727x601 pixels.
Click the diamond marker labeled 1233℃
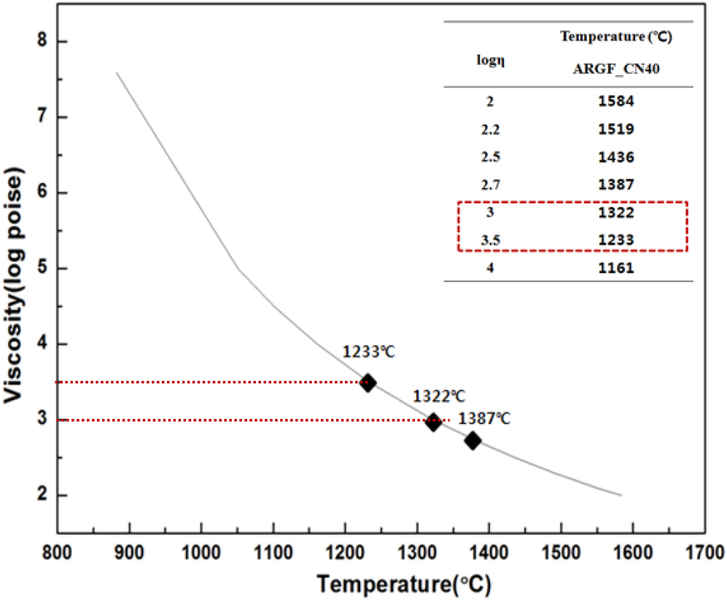pyautogui.click(x=368, y=382)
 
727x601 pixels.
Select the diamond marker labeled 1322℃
pyautogui.click(x=434, y=421)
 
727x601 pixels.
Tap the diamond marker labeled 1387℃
pyautogui.click(x=473, y=440)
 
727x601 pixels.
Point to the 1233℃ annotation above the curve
pyautogui.click(x=368, y=351)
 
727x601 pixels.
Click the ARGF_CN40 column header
pyautogui.click(x=613, y=68)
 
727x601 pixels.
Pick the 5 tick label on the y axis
pyautogui.click(x=42, y=268)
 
